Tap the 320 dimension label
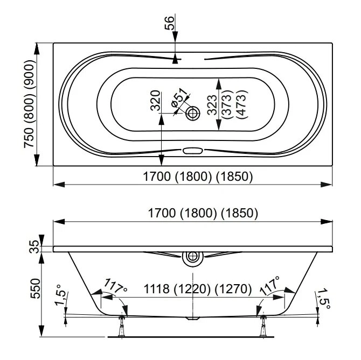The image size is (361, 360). pos(155,100)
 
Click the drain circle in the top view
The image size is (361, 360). pos(193,113)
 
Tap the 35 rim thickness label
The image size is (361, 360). pos(34,248)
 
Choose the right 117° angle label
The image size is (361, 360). pos(269,284)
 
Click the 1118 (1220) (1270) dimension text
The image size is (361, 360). pos(192,289)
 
